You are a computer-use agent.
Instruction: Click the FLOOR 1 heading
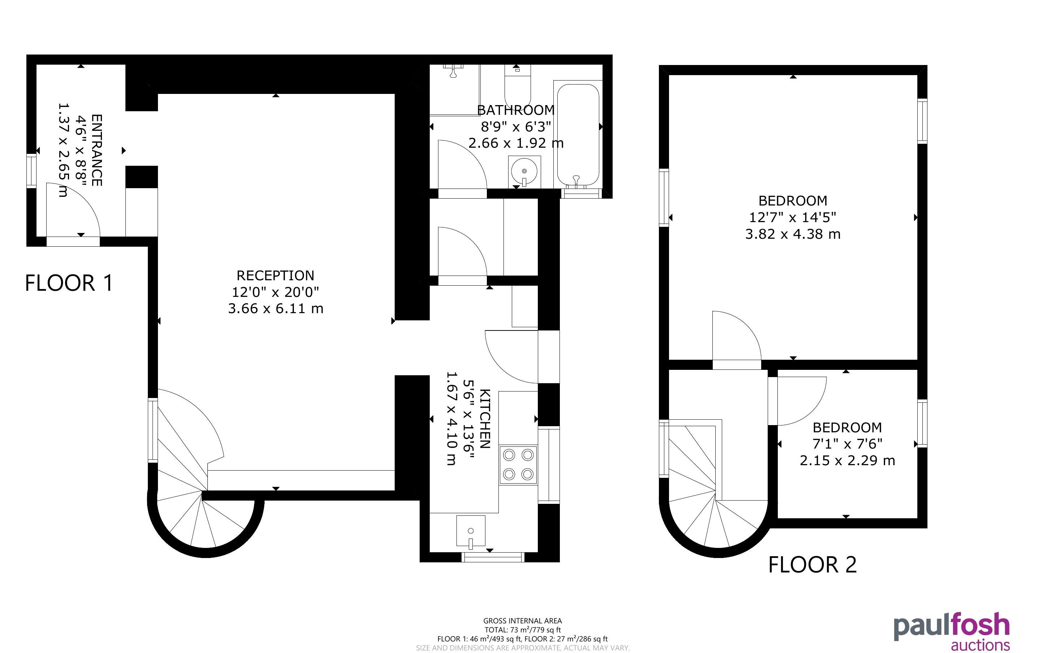click(69, 283)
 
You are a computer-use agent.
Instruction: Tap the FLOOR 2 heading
click(812, 565)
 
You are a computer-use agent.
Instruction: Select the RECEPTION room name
click(275, 276)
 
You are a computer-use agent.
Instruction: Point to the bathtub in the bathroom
click(578, 135)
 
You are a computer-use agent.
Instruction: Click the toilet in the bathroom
click(518, 86)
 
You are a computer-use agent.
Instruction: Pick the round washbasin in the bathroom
click(524, 171)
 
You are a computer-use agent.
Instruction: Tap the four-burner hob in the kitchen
click(518, 465)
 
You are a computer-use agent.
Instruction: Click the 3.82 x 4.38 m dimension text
click(793, 234)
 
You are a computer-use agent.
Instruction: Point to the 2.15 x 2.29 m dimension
click(847, 460)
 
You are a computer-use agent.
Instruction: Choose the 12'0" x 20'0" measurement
click(275, 292)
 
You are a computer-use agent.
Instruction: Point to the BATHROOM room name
click(516, 110)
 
